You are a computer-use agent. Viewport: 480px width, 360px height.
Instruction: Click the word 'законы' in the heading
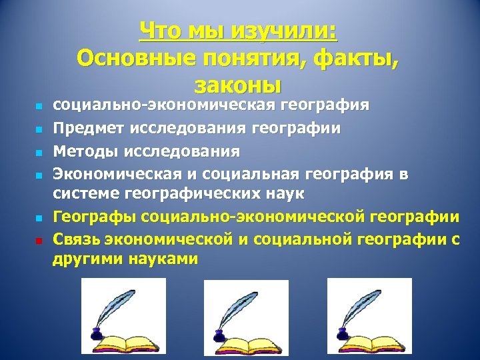tap(239, 86)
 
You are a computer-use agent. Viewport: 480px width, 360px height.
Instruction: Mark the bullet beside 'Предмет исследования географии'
tap(39, 129)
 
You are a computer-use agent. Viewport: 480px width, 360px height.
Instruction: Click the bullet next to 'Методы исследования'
tap(39, 151)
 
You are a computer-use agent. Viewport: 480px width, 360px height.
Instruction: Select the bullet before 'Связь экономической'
tap(39, 240)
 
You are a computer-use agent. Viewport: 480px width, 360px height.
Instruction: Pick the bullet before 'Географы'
tap(39, 218)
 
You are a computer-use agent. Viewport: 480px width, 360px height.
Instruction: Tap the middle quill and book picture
tap(246, 317)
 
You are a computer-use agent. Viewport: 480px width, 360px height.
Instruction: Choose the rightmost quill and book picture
tap(369, 317)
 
